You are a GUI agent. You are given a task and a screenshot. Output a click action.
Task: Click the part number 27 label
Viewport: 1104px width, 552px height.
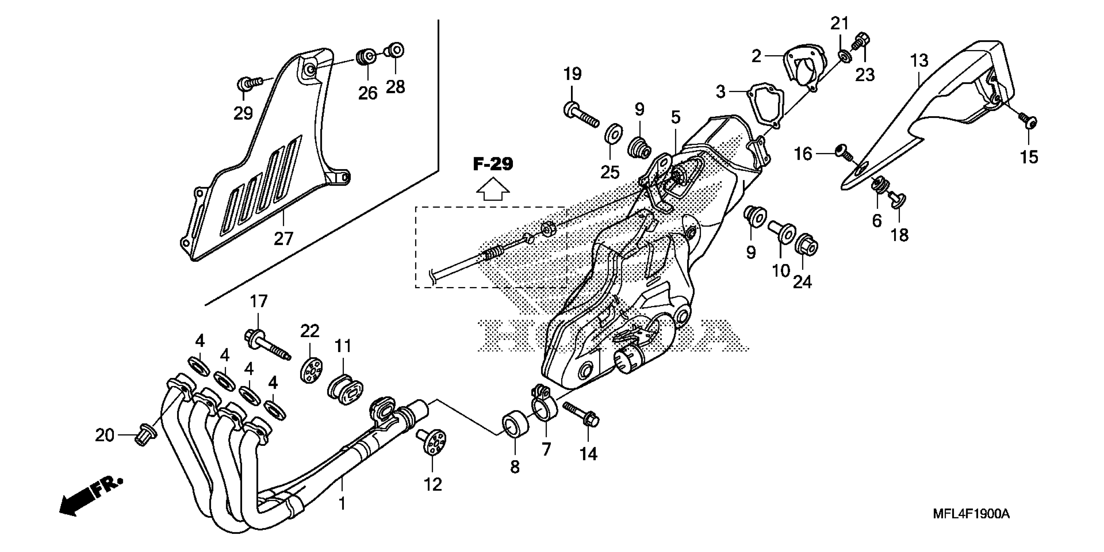click(283, 238)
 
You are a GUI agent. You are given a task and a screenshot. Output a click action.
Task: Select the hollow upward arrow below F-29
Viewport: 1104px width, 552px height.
click(493, 190)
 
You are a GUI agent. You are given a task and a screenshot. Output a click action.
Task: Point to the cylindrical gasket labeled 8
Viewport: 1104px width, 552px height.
click(515, 424)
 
